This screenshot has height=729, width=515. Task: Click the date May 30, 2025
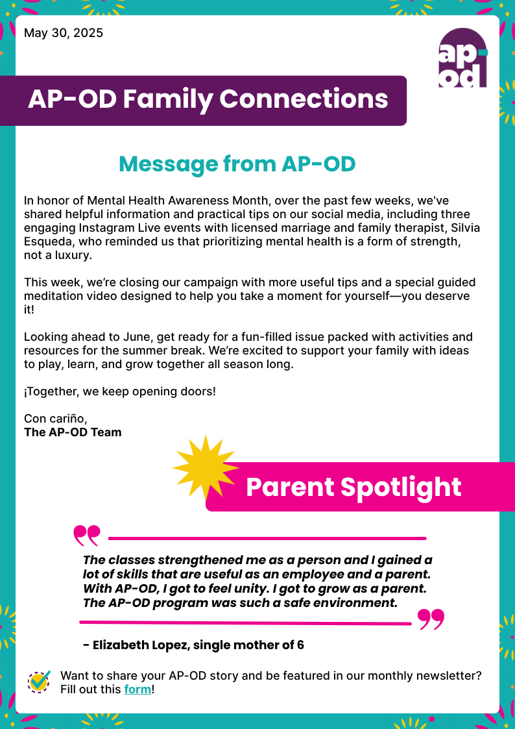point(64,33)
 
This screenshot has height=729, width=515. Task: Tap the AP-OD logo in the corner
point(462,59)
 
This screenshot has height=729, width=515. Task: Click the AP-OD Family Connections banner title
point(208,99)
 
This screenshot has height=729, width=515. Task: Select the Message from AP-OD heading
point(237,164)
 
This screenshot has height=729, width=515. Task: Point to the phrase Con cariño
point(55,418)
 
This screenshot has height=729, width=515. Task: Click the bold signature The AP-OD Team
point(73,432)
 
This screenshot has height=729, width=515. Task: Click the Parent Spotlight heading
point(353,488)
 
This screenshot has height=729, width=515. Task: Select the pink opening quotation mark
point(87,535)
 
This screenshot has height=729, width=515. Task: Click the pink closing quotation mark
point(431,619)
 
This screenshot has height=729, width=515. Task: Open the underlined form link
point(138,689)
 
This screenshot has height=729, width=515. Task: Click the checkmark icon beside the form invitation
point(40,681)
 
